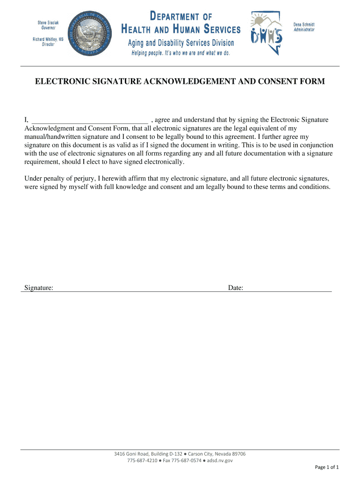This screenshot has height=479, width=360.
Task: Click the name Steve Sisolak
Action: (48, 23)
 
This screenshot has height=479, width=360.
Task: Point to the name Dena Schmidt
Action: (304, 24)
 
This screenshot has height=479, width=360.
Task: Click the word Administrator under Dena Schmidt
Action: (304, 29)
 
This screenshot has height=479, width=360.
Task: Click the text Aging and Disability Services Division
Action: (181, 43)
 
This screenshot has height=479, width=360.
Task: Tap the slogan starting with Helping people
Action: (180, 53)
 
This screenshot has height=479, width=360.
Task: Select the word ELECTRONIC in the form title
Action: (64, 82)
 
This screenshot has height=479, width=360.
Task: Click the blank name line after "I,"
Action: (89, 120)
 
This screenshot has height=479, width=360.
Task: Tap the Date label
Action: (235, 288)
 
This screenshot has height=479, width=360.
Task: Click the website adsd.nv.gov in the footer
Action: (220, 460)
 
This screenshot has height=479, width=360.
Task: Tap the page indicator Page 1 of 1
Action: (327, 467)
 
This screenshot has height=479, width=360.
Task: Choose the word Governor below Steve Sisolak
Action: (48, 28)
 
